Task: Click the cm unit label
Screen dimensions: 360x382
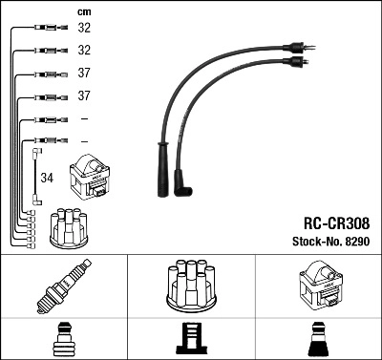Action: (x=83, y=11)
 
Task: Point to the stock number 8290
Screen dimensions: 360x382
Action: (x=355, y=242)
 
